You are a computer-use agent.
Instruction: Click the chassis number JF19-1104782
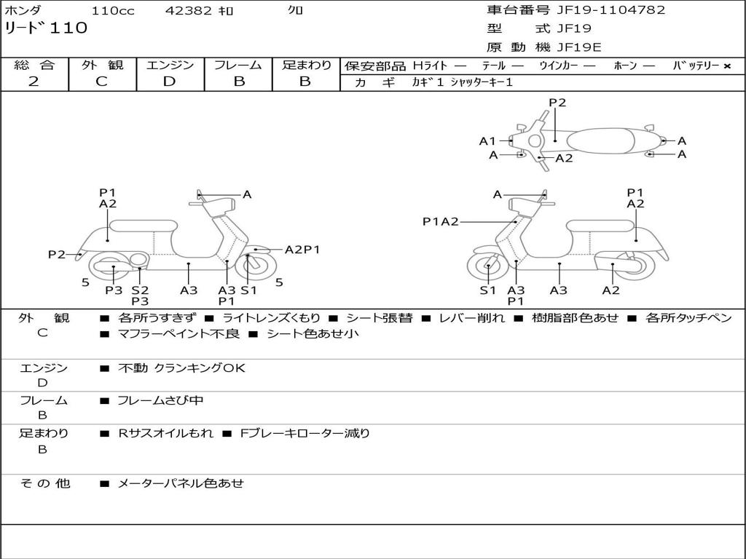coord(611,10)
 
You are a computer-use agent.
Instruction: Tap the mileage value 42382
coord(189,10)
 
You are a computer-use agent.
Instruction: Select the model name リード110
coord(46,28)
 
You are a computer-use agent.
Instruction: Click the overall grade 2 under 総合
coord(34,81)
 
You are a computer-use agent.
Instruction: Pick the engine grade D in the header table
coord(169,82)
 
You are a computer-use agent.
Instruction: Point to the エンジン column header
coord(170,65)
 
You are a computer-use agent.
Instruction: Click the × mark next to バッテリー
coord(726,66)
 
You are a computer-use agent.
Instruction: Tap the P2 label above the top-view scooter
coord(557,103)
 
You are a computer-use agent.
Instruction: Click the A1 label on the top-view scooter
coord(487,140)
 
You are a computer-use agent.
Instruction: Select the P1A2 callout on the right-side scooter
coord(441,221)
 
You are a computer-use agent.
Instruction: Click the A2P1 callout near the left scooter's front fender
coord(302,249)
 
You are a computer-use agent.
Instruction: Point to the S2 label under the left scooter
coord(140,290)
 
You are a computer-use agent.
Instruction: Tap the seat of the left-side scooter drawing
coord(144,226)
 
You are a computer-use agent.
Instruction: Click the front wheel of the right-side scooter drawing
coord(489,266)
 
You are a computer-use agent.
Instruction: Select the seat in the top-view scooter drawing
coord(600,141)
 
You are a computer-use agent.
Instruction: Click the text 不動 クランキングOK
coord(181,368)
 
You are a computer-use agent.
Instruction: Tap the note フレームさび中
coord(160,400)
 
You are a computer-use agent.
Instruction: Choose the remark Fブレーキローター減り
coord(305,433)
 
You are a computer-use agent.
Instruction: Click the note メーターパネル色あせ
coord(181,483)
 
